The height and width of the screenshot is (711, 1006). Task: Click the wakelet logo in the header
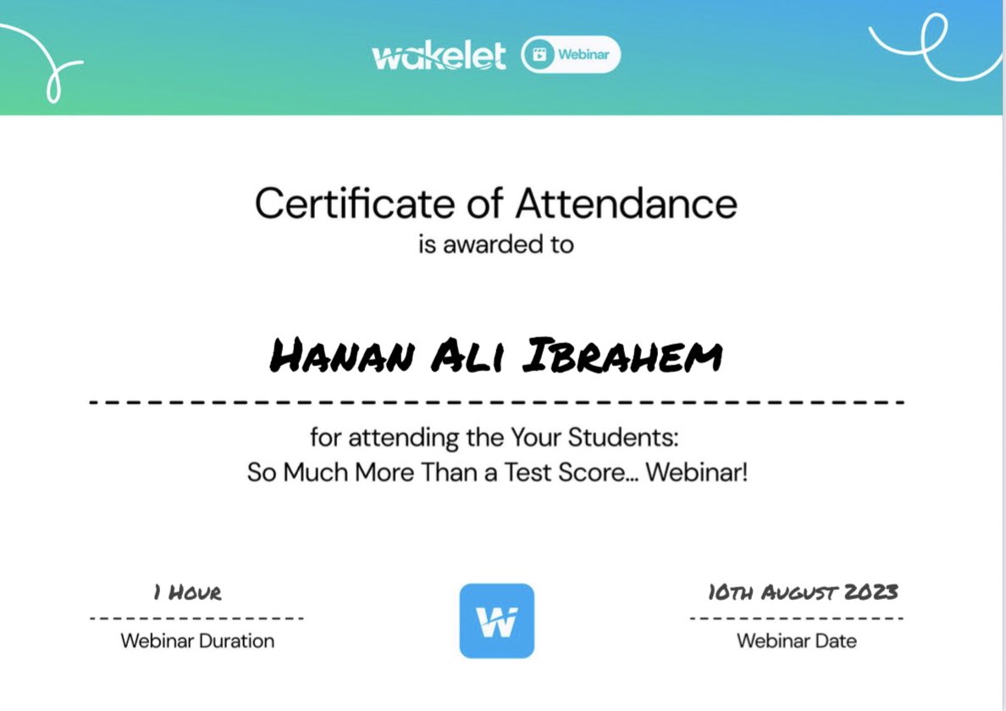tap(439, 56)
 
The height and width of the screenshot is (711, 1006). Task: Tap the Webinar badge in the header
tap(571, 55)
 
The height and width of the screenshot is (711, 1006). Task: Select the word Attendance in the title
tap(627, 204)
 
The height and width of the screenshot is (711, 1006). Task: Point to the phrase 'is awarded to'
tap(496, 245)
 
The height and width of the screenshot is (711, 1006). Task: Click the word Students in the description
tap(623, 438)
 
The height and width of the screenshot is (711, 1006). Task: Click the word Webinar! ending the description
tap(697, 472)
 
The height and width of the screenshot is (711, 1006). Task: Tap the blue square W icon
tap(496, 621)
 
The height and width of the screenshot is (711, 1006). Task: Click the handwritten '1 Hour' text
tap(187, 592)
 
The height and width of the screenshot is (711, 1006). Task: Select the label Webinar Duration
tap(197, 641)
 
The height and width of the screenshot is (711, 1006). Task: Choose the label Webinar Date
tap(796, 641)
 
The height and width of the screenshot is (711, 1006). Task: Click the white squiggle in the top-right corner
tap(931, 47)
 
